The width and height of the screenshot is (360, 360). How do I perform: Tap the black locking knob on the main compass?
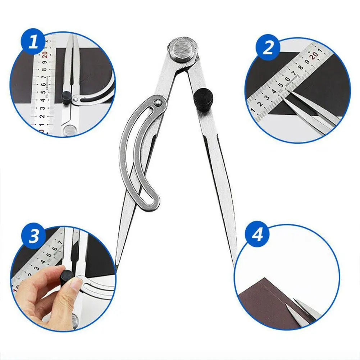[204, 98]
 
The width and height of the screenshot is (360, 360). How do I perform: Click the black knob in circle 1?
[67, 96]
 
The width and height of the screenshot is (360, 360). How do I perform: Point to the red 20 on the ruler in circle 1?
[45, 54]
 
